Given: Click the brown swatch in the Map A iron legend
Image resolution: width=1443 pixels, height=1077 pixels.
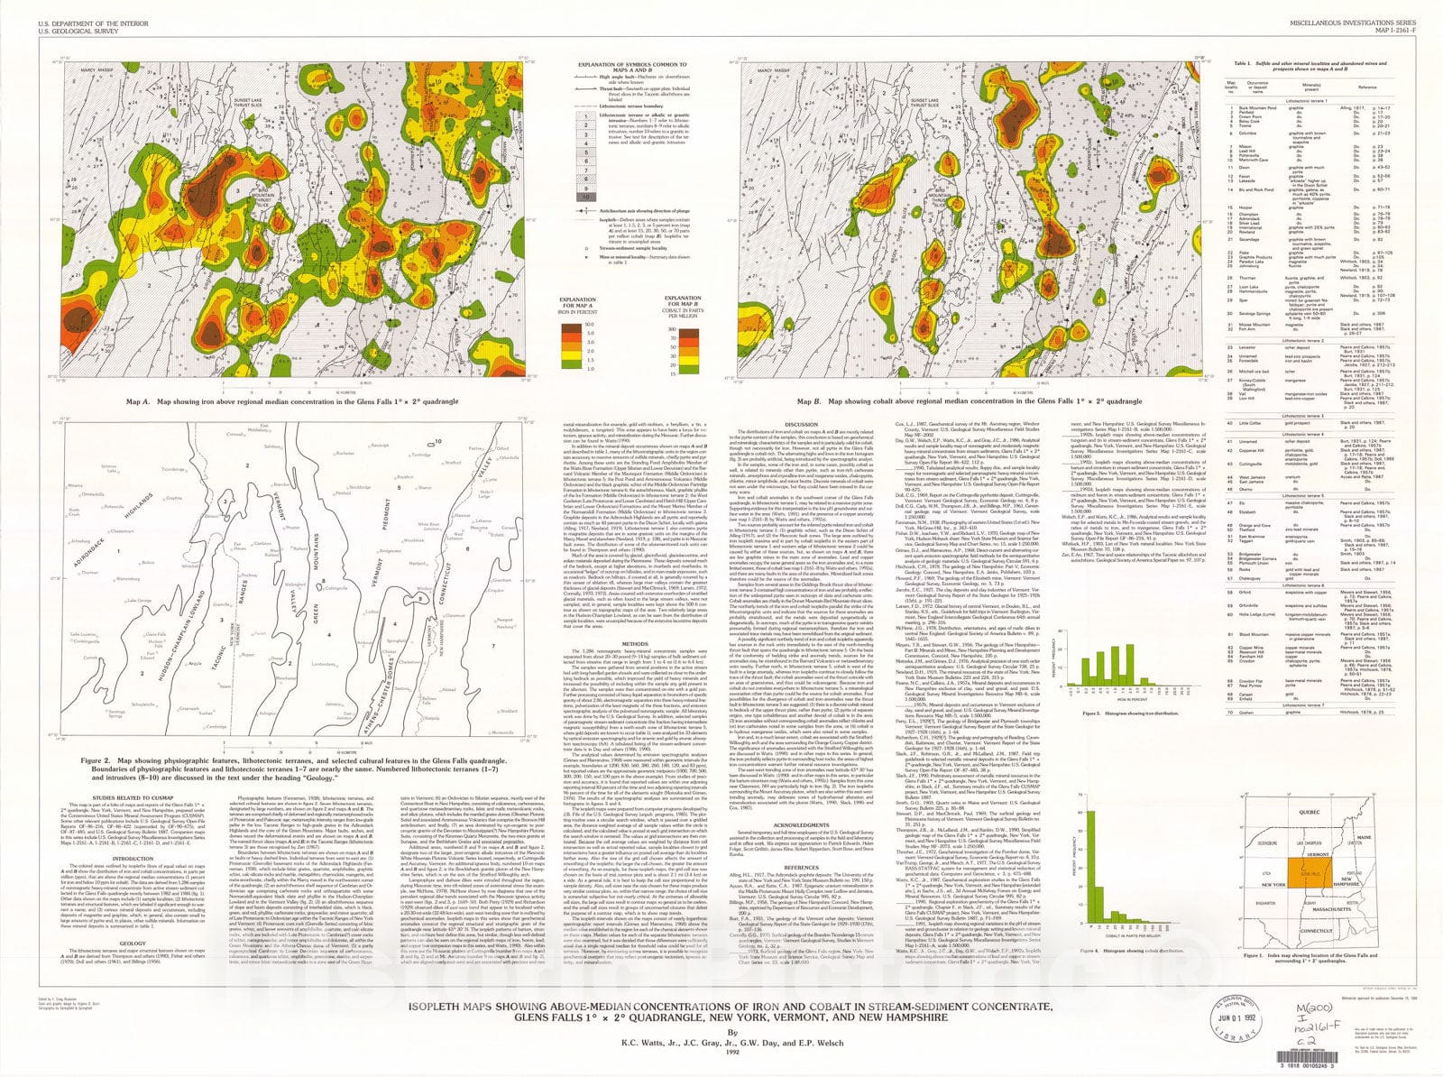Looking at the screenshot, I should tap(570, 322).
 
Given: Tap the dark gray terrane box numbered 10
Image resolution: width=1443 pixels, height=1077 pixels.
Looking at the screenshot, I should tap(586, 197).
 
